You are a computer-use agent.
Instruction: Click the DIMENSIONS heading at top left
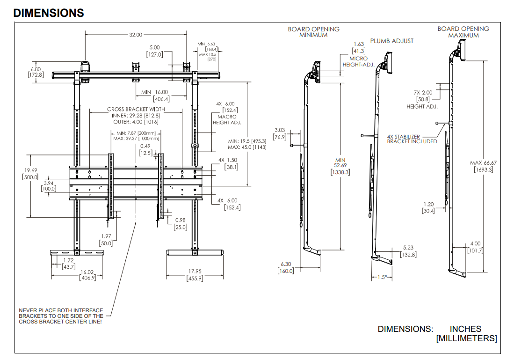[49, 13]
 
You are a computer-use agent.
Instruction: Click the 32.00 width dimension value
[136, 35]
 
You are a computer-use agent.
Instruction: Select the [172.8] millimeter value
[36, 75]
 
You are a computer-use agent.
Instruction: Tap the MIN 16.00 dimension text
[155, 92]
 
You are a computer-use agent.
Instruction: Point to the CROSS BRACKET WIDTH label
[136, 109]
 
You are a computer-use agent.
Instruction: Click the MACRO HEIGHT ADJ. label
[227, 119]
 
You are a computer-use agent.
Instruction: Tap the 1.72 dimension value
[68, 260]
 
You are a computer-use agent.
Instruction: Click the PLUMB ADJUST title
[391, 41]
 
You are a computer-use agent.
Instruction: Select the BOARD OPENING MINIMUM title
[313, 32]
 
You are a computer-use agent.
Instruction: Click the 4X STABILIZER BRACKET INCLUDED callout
[412, 139]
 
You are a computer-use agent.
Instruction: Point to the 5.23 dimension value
[408, 248]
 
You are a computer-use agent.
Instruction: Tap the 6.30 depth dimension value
[286, 264]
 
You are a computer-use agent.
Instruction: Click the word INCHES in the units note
[465, 329]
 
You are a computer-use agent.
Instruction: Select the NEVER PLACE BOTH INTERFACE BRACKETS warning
[61, 316]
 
